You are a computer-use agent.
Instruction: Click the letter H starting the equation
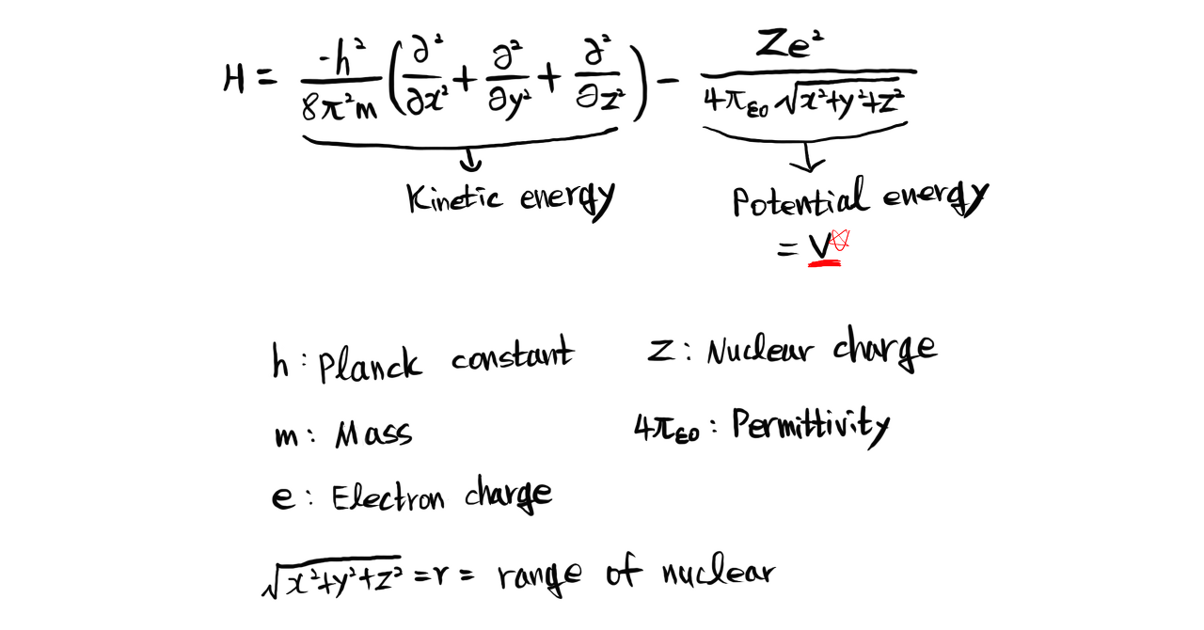(x=235, y=78)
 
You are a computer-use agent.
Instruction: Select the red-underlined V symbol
(x=820, y=247)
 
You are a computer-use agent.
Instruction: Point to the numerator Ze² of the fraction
(x=791, y=43)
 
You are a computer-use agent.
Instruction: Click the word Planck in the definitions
(x=369, y=364)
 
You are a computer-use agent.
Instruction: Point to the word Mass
(x=373, y=434)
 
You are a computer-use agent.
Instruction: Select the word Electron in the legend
(x=388, y=496)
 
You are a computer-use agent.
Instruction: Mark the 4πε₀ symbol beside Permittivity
(x=667, y=430)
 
